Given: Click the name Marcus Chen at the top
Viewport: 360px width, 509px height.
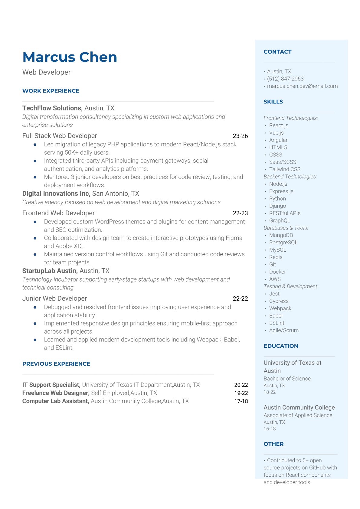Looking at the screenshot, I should click(x=70, y=57).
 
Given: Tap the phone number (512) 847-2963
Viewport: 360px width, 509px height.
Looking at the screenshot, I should click(x=285, y=79).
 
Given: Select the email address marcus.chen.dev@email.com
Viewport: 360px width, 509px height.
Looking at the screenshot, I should click(x=302, y=86).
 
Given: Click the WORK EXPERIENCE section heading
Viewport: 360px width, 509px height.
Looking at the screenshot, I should click(x=51, y=91).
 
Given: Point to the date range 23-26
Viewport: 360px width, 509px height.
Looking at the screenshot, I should click(x=240, y=136).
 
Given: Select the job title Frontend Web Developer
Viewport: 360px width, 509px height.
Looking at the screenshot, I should click(x=58, y=213).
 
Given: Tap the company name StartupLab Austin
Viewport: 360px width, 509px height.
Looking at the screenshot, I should click(x=50, y=271).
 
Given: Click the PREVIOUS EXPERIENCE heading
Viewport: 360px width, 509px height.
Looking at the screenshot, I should click(x=56, y=364).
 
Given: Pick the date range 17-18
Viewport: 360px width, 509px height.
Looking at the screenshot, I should click(x=241, y=401).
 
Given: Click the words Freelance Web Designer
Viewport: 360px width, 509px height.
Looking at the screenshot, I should click(x=56, y=393).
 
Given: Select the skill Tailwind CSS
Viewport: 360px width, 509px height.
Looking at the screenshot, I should click(x=285, y=169).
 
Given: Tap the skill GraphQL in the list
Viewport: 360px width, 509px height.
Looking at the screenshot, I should click(x=280, y=221).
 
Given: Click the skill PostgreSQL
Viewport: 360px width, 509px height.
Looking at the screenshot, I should click(x=283, y=243).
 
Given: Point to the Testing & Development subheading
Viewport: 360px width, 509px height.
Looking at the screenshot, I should click(x=291, y=286).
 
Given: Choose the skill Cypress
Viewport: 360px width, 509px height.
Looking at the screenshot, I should click(x=279, y=301).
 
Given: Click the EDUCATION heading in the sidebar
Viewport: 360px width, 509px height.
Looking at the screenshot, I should click(x=281, y=346).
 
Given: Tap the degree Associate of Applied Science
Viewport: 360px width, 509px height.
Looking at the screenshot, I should click(x=298, y=415).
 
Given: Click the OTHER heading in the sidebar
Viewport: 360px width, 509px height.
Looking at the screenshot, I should click(x=273, y=444).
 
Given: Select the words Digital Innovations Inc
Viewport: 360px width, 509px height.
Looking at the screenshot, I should click(x=56, y=194).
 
